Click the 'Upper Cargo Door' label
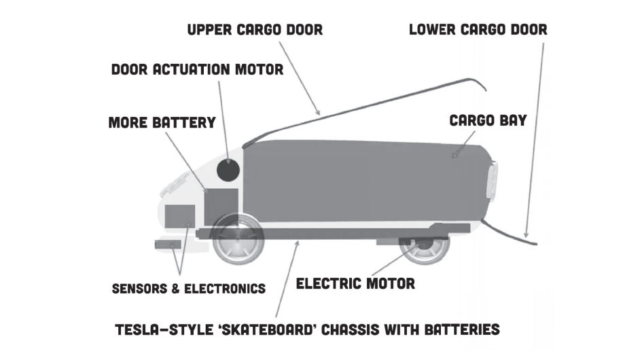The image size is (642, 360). point(255,30)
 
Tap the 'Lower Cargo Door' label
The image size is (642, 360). point(478,30)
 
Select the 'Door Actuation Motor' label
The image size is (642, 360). point(197,69)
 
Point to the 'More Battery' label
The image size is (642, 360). point(162,123)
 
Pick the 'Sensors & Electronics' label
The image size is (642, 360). point(188,288)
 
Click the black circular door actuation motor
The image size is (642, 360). point(228,168)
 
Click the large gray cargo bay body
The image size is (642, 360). point(360,180)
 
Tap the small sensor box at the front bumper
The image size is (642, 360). point(168,244)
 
